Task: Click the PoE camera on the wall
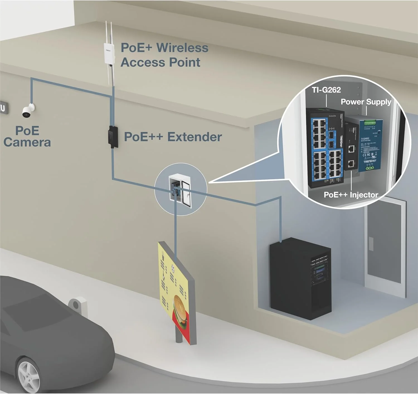28,111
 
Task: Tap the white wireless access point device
109,53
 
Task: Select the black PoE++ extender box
113,137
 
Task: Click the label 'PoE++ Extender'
173,137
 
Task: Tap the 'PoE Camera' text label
27,136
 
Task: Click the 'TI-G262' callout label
326,90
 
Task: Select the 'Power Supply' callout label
366,102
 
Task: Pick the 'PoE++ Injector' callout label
351,195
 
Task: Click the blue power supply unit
370,145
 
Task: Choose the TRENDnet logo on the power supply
370,161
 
